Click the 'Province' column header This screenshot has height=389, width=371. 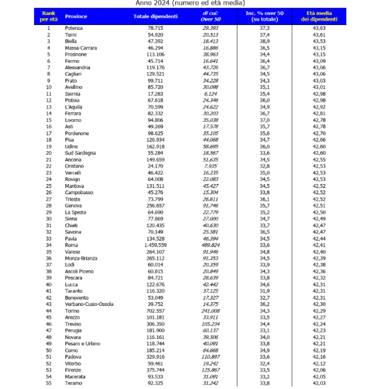point(76,17)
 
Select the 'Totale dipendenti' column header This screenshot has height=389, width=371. point(155,17)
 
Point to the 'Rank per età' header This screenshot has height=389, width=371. point(48,17)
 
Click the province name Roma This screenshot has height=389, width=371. point(71,245)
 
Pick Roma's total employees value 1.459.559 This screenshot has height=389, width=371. point(165,245)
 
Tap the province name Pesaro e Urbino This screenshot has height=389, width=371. point(83,344)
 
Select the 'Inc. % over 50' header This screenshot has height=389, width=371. point(264,17)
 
